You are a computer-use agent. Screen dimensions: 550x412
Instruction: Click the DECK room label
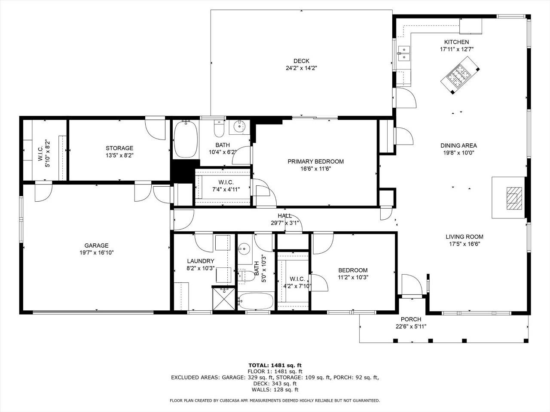click(x=301, y=61)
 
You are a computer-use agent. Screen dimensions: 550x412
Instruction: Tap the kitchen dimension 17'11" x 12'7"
click(x=456, y=49)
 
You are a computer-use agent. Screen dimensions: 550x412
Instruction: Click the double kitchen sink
click(x=404, y=54)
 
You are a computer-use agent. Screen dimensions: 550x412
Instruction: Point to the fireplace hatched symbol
click(x=514, y=198)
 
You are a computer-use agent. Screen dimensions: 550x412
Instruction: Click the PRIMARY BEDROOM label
click(x=315, y=162)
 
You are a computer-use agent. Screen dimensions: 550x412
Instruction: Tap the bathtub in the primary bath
click(x=186, y=139)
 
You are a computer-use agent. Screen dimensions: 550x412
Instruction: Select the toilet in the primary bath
click(x=219, y=128)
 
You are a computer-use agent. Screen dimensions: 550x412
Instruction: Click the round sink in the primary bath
click(x=239, y=127)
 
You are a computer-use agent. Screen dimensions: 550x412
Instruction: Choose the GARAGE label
click(x=97, y=245)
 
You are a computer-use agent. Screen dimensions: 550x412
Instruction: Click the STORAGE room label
click(x=119, y=148)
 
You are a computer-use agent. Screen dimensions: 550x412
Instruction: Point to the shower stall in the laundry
click(x=224, y=299)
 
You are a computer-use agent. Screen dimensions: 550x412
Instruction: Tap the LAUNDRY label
click(x=201, y=261)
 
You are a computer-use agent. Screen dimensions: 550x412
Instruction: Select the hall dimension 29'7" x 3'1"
click(x=284, y=223)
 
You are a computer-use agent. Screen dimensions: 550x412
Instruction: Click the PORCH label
click(x=411, y=319)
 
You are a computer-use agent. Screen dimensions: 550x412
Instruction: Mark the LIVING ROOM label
click(x=464, y=236)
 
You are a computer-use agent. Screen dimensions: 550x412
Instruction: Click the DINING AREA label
click(x=458, y=145)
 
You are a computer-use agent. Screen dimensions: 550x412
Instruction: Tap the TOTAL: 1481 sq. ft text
click(x=275, y=366)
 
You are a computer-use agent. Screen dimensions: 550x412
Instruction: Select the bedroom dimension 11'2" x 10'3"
click(x=353, y=277)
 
